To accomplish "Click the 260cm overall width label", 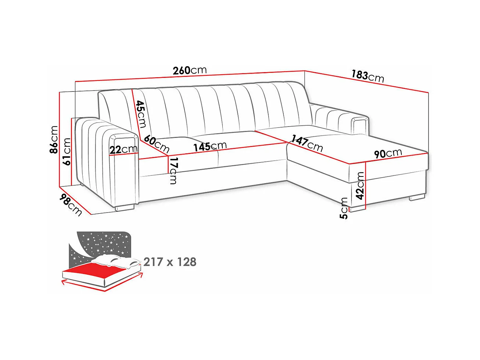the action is pos(190,70).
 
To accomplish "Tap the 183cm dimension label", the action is pos(367,76).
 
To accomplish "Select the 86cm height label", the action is pos(54,139).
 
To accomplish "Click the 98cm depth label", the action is pos(71,204).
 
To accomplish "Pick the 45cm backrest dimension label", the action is pos(140,114).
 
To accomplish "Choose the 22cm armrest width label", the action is pos(123,150).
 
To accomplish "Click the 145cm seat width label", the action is pos(210,146).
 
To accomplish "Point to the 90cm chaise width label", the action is pos(388,153).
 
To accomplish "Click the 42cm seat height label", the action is pos(361,186).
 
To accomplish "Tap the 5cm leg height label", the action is pos(344,208).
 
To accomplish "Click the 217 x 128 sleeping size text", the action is pos(170,262).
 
